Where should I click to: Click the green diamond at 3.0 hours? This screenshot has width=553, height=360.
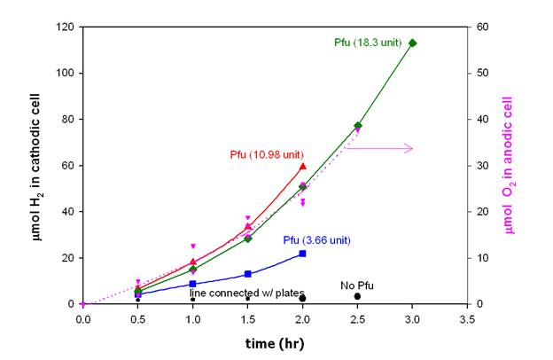(x=412, y=43)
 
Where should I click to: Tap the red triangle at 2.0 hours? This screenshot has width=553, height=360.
(x=303, y=166)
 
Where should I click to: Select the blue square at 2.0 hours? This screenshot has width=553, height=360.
(x=302, y=254)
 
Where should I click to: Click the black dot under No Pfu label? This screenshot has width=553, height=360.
(x=357, y=296)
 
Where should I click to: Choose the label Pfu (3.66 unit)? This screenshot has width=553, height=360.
(x=317, y=239)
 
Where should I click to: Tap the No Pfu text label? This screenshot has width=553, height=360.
(x=357, y=285)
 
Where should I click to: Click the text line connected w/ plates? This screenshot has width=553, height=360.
(x=247, y=293)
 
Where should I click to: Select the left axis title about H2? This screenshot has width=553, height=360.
(x=27, y=165)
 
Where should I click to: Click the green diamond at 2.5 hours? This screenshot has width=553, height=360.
(x=357, y=126)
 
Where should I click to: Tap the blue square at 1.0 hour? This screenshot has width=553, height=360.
(x=192, y=284)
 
